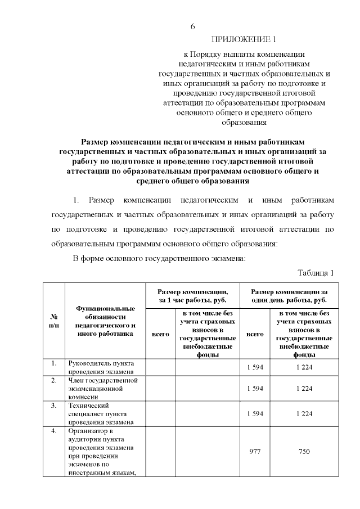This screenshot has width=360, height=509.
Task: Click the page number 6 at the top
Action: tap(192, 26)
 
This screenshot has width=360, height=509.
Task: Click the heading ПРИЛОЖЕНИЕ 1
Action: tap(244, 39)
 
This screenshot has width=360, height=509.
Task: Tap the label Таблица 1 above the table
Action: tap(316, 273)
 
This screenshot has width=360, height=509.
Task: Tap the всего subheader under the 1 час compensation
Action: tap(161, 334)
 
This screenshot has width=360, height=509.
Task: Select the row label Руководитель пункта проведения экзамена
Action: tap(101, 368)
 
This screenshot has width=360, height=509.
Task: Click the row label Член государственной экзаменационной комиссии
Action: tap(103, 388)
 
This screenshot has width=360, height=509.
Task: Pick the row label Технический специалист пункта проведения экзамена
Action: tap(101, 413)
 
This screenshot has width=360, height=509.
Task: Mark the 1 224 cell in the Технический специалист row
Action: tap(304, 413)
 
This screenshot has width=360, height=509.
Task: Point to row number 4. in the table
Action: tap(54, 431)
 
